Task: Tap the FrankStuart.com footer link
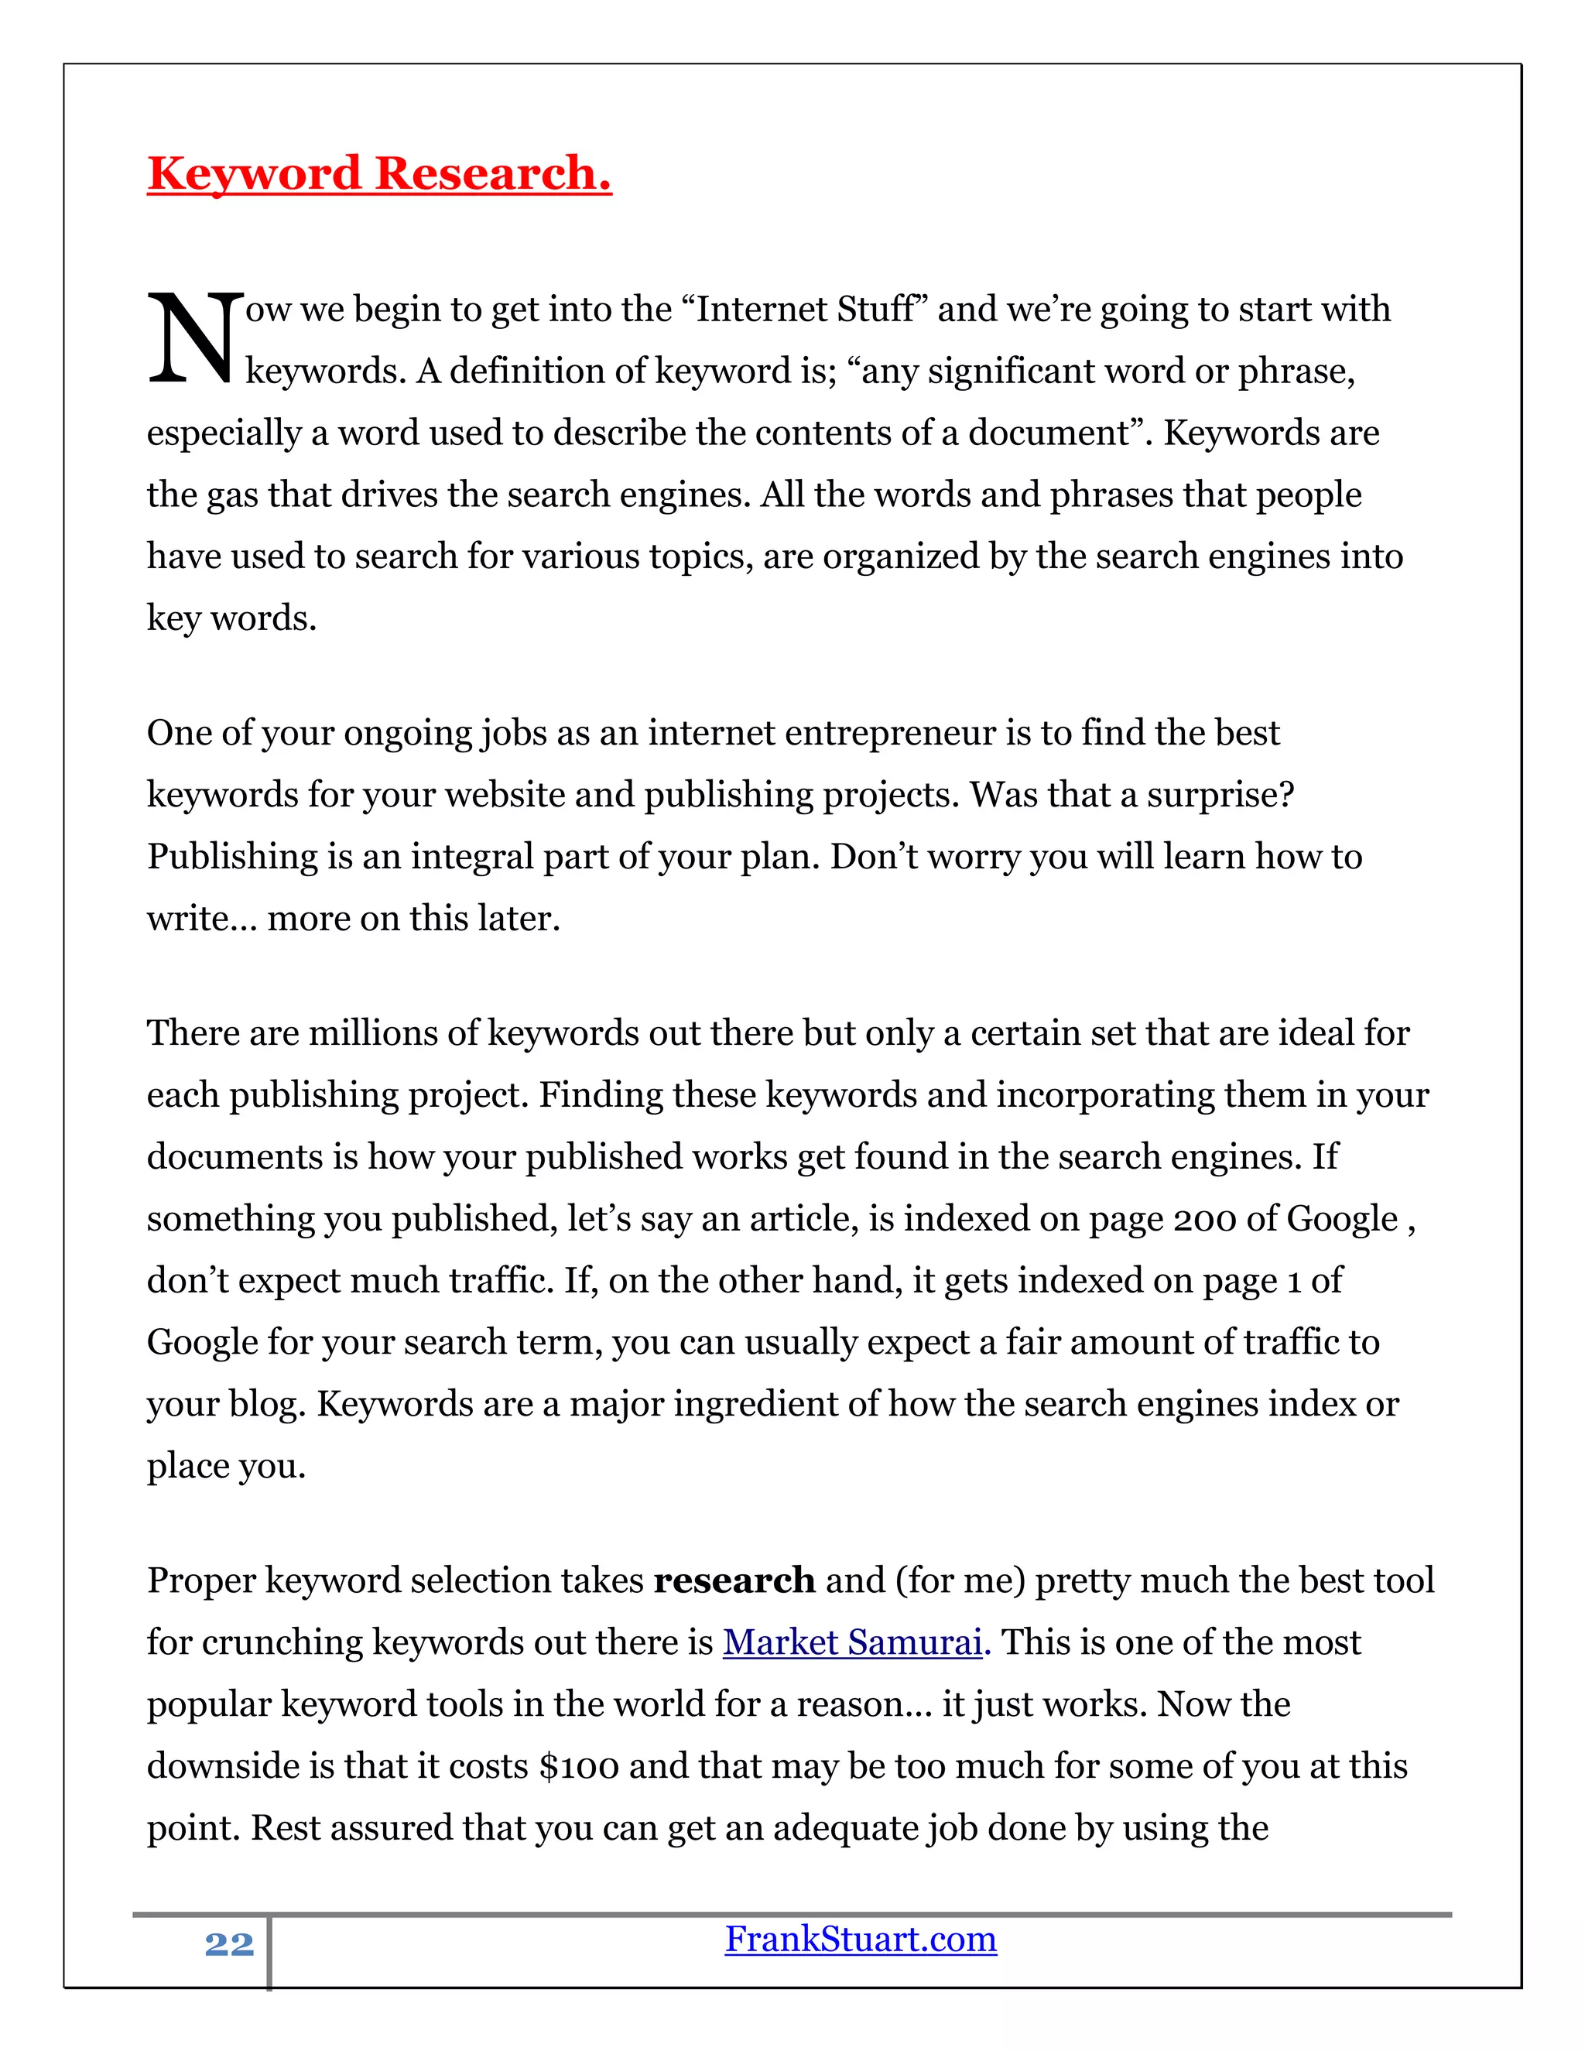(860, 1940)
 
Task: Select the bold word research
(734, 1580)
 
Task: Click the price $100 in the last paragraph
(580, 1766)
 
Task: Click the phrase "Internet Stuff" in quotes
(810, 309)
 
